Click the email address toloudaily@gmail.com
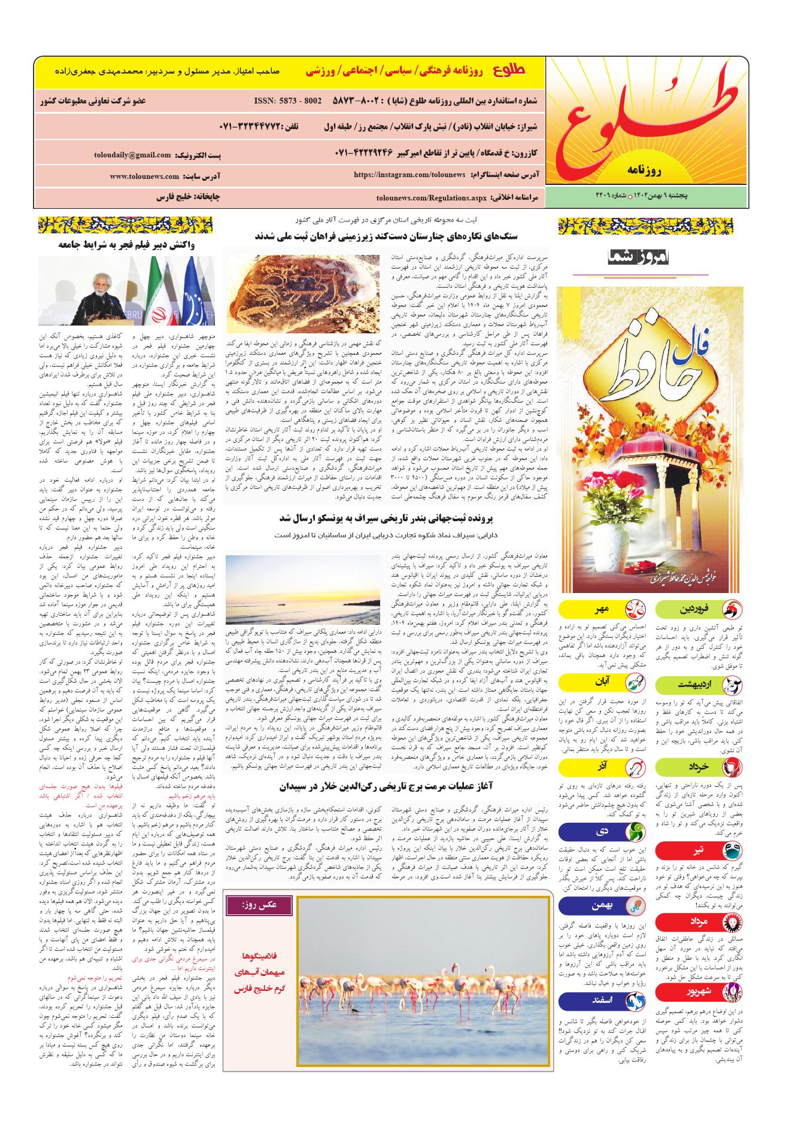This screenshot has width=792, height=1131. [132, 155]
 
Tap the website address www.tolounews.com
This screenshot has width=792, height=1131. [144, 177]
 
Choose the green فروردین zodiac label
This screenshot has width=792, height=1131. [699, 610]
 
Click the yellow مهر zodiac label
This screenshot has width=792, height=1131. [599, 610]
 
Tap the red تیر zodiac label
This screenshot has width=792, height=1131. [699, 850]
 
